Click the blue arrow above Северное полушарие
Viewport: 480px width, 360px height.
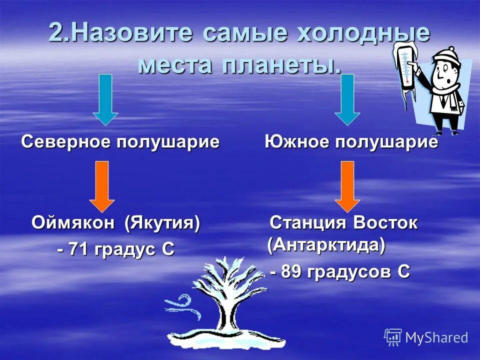point(105,99)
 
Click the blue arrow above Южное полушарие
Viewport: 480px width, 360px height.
point(347,99)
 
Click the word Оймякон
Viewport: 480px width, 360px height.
point(73,223)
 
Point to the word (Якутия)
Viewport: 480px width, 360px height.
point(162,223)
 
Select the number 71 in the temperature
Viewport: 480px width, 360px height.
point(79,249)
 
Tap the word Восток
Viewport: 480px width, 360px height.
point(385,223)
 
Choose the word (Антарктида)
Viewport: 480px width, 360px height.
point(326,245)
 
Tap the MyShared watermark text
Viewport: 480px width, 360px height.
point(436,337)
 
